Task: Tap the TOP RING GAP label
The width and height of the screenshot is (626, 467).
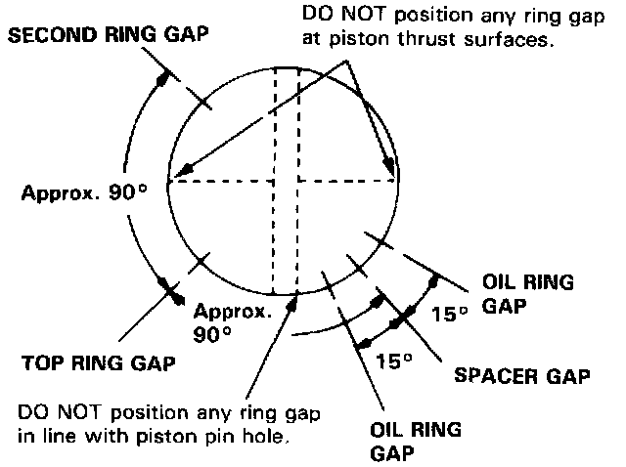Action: tap(98, 363)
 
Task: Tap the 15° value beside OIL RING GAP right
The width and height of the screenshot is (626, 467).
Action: tap(450, 314)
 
